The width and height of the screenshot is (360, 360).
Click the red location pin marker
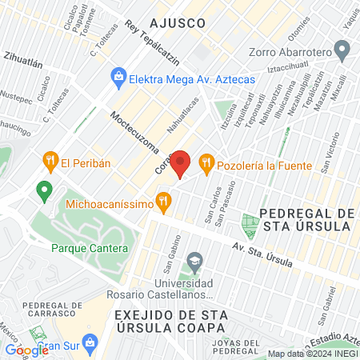pyautogui.click(x=182, y=163)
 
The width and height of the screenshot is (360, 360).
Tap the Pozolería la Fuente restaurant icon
pyautogui.click(x=206, y=162)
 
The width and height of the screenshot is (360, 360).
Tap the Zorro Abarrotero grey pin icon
pyautogui.click(x=343, y=54)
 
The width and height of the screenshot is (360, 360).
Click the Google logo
pyautogui.click(x=26, y=350)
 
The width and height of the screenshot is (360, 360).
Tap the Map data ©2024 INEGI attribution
pyautogui.click(x=312, y=354)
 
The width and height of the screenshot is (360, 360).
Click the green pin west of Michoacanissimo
pyautogui.click(x=44, y=191)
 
